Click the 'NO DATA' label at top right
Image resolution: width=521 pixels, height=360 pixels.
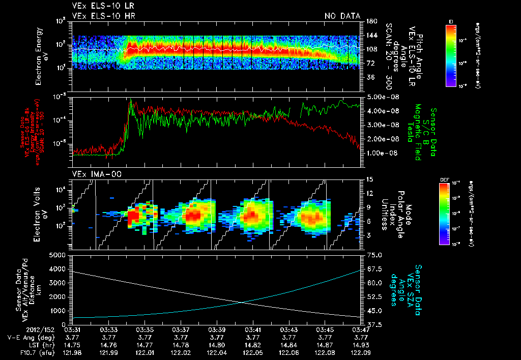point(342,16)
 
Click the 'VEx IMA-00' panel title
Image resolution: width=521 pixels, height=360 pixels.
point(92,174)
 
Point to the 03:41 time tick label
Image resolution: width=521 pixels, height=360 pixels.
point(253,329)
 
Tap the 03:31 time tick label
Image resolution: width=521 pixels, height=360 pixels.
point(73,329)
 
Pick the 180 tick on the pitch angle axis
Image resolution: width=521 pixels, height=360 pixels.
point(370,21)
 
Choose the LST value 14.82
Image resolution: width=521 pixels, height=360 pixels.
point(253,343)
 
